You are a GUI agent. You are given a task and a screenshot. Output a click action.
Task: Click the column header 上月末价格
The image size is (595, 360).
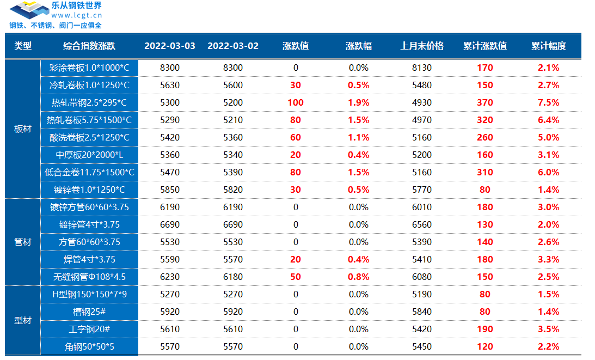pyautogui.click(x=422, y=46)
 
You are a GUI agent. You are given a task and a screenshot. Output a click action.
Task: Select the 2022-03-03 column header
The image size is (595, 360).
pyautogui.click(x=169, y=46)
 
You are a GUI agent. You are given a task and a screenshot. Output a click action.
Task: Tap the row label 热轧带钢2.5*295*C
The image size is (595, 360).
pyautogui.click(x=89, y=102)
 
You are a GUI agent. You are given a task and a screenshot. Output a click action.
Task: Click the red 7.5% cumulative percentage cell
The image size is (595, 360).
pyautogui.click(x=548, y=102)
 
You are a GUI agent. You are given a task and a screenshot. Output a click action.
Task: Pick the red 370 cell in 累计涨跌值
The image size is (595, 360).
pyautogui.click(x=484, y=102)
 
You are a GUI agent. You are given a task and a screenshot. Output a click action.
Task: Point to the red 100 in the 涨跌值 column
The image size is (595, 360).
pyautogui.click(x=296, y=102)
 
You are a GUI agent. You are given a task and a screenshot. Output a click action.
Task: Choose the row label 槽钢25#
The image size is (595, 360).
pyautogui.click(x=89, y=312)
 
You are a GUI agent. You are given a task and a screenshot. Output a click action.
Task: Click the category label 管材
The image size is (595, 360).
pyautogui.click(x=22, y=242)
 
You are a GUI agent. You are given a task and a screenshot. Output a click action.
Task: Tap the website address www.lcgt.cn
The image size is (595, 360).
pyautogui.click(x=77, y=15)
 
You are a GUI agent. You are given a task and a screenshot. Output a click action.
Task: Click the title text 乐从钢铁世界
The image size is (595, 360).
pyautogui.click(x=76, y=6)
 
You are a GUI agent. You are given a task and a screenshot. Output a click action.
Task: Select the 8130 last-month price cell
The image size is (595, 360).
pyautogui.click(x=422, y=68)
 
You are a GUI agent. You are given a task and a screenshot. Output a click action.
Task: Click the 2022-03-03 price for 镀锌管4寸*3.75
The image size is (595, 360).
pyautogui.click(x=169, y=224)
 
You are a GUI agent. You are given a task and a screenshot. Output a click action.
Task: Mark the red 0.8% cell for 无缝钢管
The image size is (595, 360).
pyautogui.click(x=358, y=277)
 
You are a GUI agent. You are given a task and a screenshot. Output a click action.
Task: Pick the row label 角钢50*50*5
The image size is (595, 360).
pyautogui.click(x=89, y=346)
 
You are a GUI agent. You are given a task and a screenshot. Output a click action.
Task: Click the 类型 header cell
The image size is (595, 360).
pyautogui.click(x=22, y=46)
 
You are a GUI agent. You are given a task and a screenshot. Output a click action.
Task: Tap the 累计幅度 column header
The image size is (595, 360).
pyautogui.click(x=548, y=46)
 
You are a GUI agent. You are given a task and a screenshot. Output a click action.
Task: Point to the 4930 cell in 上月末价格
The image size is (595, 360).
pyautogui.click(x=422, y=102)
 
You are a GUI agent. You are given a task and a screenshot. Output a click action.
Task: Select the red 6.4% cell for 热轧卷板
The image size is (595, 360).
pyautogui.click(x=548, y=120)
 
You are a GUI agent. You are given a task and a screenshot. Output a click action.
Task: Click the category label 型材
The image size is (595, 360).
pyautogui.click(x=22, y=320)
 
